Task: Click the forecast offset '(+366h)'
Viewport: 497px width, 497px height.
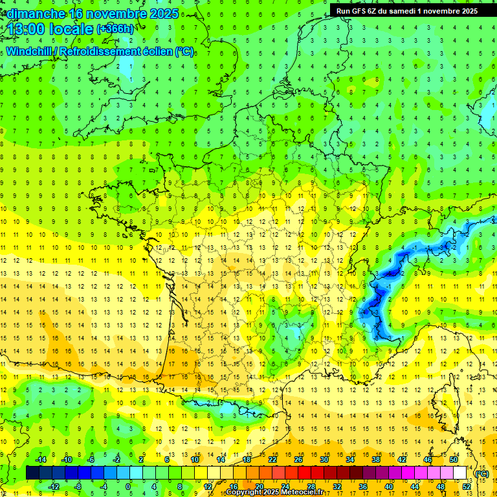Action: [x=116, y=29]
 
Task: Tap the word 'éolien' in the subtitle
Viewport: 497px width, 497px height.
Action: [x=156, y=51]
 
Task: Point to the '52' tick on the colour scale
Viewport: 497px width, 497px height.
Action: [x=467, y=486]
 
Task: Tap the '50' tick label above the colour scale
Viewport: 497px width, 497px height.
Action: [x=454, y=459]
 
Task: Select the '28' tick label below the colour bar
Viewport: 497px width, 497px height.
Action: [x=311, y=486]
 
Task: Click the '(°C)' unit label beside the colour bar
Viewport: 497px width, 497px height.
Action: [x=481, y=473]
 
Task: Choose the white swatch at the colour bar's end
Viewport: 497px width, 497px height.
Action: [x=460, y=473]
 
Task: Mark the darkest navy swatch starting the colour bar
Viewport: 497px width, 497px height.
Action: [x=32, y=473]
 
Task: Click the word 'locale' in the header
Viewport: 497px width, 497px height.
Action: [x=71, y=29]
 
